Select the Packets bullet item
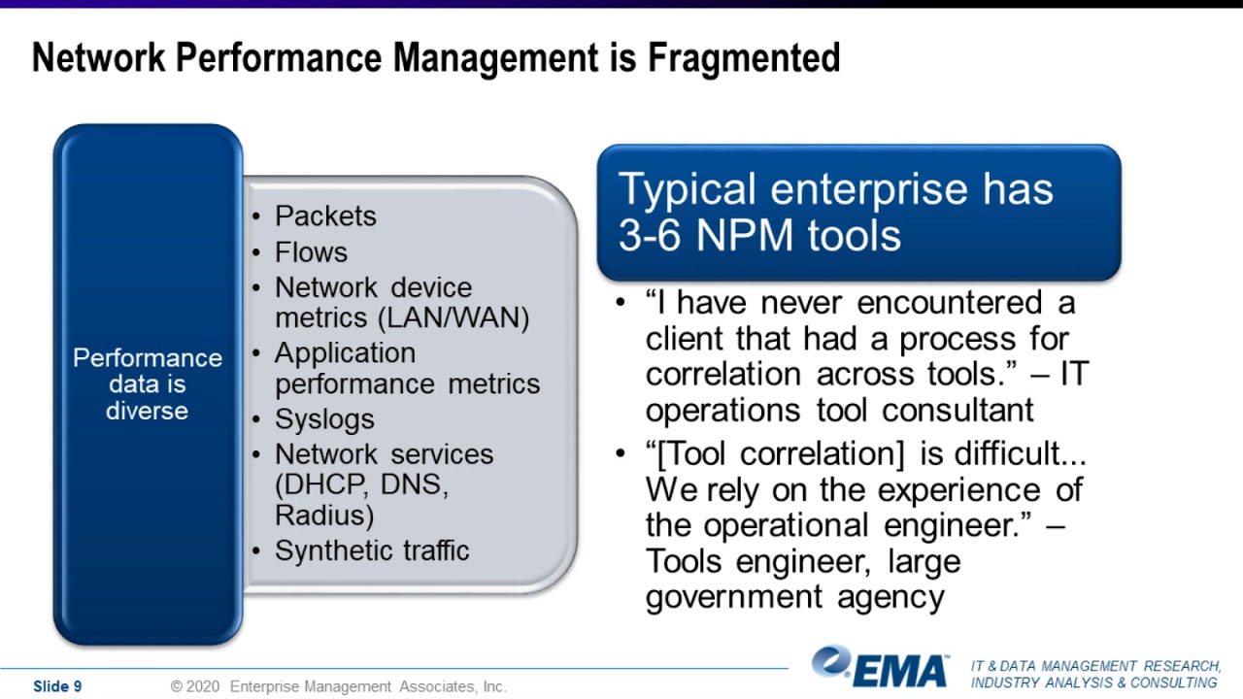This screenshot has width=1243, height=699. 324,216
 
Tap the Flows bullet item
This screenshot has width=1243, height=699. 311,252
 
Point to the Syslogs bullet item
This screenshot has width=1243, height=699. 324,419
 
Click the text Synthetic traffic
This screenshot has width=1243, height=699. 372,550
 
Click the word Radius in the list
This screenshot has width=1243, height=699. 324,515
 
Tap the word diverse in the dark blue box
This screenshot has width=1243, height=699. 147,411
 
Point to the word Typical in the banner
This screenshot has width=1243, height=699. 687,189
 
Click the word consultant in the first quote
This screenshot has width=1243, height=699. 957,410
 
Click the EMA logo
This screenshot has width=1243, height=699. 882,668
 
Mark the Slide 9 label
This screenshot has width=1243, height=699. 57,686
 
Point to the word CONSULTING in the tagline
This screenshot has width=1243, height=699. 1173,682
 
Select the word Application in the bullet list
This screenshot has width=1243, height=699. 345,353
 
